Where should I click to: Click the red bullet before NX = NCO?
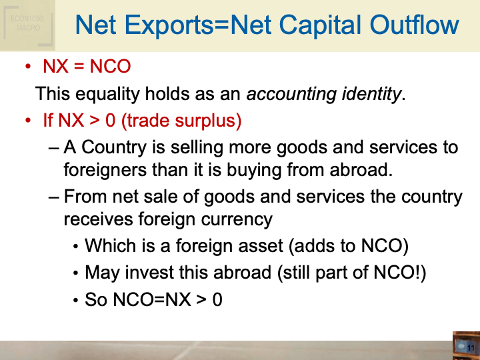click(x=28, y=67)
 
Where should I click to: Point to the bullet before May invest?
click(x=76, y=273)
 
